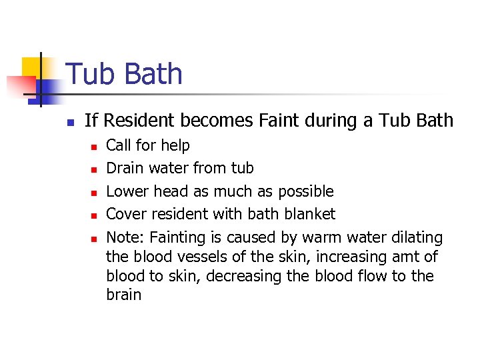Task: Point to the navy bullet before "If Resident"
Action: coord(69,122)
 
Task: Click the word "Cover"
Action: coord(126,214)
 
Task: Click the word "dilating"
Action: coord(415,237)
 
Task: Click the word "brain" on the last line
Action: coord(123,295)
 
